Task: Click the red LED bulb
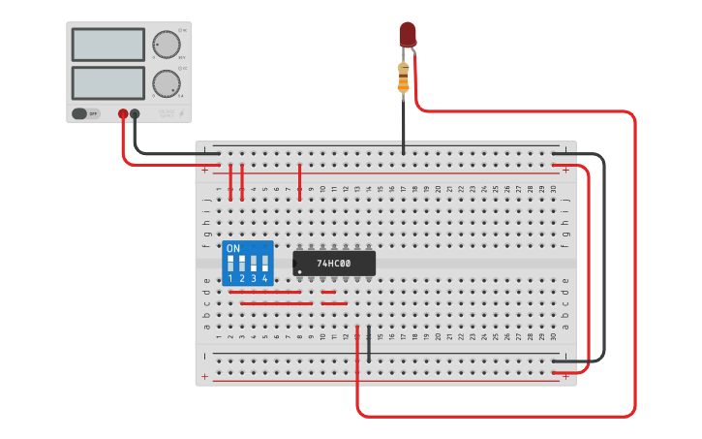[408, 34]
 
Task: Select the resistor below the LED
[404, 78]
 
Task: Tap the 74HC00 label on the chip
[334, 264]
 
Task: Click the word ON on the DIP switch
[232, 248]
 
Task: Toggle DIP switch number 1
[230, 263]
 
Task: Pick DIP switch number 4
[264, 263]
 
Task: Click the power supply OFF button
[86, 113]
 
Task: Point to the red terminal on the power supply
[123, 113]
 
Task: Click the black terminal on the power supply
[135, 113]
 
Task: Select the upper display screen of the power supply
[107, 45]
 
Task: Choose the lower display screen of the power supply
[107, 81]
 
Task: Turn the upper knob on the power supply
[166, 45]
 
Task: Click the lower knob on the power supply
[166, 82]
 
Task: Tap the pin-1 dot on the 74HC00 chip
[299, 270]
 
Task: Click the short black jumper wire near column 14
[369, 343]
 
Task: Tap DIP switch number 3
[254, 263]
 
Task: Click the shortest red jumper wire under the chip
[328, 292]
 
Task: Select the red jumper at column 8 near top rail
[300, 181]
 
